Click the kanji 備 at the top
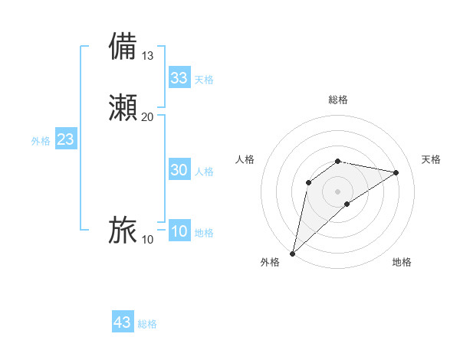(123, 46)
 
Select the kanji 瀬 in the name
(123, 106)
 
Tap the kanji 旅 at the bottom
(123, 230)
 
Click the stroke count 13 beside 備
(148, 56)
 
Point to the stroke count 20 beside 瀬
(148, 116)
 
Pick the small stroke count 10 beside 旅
(148, 240)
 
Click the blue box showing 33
(179, 78)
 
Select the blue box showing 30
(179, 171)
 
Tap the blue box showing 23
(65, 140)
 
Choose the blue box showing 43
(123, 322)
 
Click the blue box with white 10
(179, 232)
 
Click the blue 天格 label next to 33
(204, 80)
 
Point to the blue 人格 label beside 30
(204, 172)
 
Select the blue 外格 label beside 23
(41, 141)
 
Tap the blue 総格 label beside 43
(147, 324)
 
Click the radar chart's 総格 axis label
(338, 100)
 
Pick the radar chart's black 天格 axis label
(431, 159)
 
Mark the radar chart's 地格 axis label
(402, 262)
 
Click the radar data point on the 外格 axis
(292, 253)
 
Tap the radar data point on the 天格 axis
(396, 172)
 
